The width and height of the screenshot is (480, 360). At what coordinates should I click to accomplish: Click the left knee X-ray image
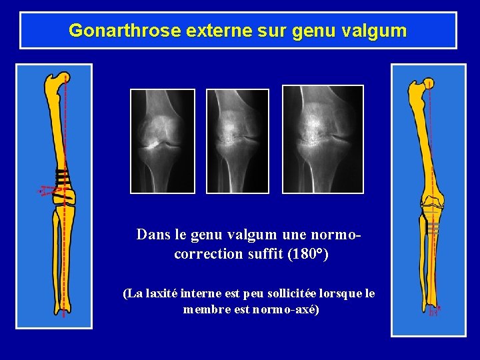162,141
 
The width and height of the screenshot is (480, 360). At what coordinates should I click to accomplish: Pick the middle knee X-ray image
237,141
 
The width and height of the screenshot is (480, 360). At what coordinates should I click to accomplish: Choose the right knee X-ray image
322,139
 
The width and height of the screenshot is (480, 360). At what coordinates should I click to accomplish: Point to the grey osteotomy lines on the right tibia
433,227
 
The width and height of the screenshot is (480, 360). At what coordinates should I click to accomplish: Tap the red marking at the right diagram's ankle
435,311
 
